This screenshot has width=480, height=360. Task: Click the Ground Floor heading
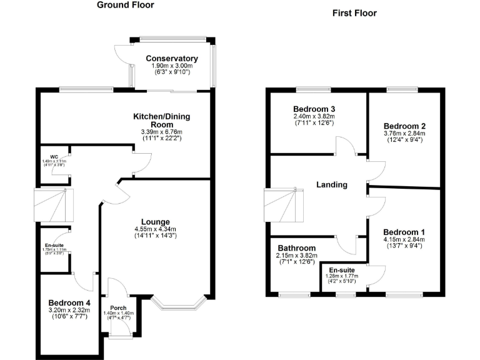pyautogui.click(x=126, y=6)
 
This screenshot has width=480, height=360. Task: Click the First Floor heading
pyautogui.click(x=354, y=13)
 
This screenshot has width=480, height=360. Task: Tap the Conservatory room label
pyautogui.click(x=172, y=59)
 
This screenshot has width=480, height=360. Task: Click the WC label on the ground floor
pyautogui.click(x=46, y=157)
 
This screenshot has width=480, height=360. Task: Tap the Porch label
pyautogui.click(x=119, y=308)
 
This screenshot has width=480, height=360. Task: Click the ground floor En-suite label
pyautogui.click(x=54, y=246)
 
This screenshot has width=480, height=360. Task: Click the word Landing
pyautogui.click(x=332, y=184)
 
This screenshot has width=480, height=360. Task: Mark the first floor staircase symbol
pyautogui.click(x=285, y=205)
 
